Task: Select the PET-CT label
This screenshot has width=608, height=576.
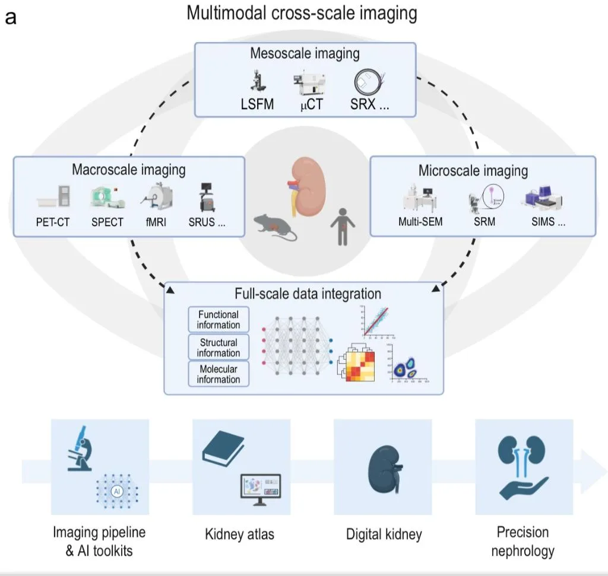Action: [x=53, y=222]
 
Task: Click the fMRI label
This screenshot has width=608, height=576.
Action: [x=157, y=222]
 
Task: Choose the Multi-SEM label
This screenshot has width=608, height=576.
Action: [x=420, y=223]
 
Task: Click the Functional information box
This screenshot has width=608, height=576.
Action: [x=218, y=320]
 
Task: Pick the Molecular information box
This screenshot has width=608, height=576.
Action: [x=218, y=374]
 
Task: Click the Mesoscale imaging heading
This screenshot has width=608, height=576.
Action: [x=305, y=53]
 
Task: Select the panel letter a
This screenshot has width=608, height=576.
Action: [x=11, y=17]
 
